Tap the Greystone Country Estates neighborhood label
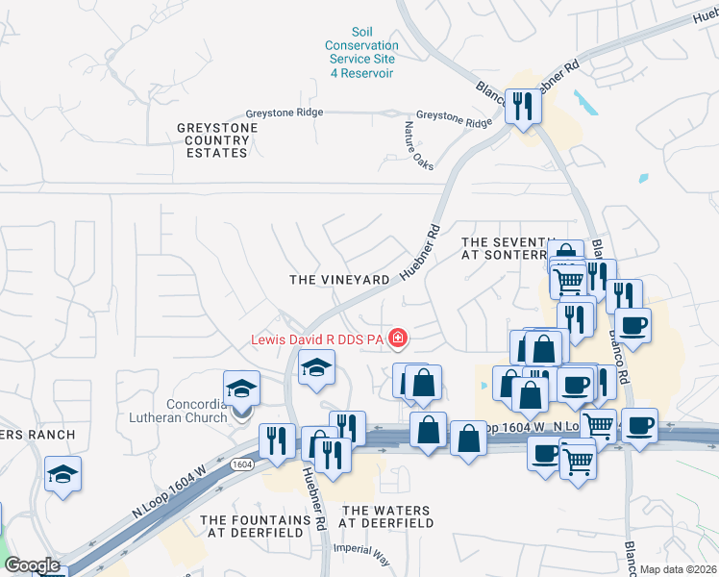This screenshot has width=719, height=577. click(x=217, y=140)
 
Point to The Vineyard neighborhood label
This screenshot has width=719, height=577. click(x=340, y=279)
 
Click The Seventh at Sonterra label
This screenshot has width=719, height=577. click(x=509, y=249)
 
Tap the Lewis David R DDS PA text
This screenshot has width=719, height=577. click(x=317, y=339)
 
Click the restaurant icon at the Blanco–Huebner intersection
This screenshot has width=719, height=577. click(x=523, y=105)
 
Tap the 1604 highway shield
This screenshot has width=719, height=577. click(x=241, y=464)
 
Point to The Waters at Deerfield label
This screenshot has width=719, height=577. click(x=387, y=516)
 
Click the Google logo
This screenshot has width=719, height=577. click(x=32, y=565)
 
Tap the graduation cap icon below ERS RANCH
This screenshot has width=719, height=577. click(x=62, y=474)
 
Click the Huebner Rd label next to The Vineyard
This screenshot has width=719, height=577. click(x=420, y=253)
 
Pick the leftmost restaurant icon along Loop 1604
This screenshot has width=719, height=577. click(x=277, y=440)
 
